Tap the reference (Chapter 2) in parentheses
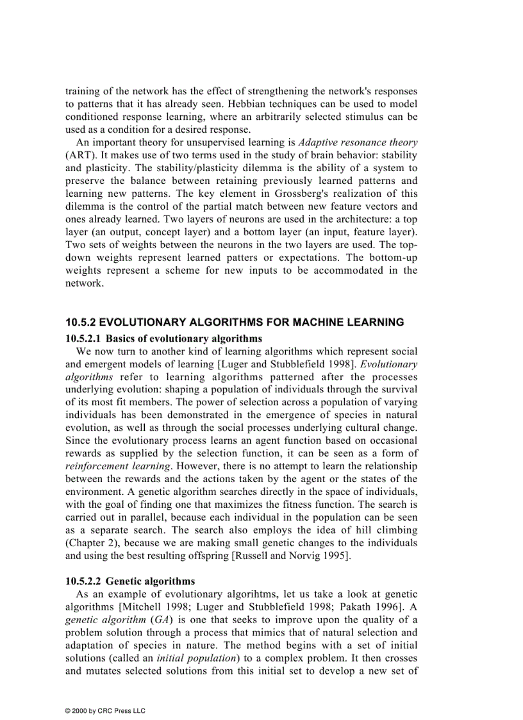[x=90, y=543]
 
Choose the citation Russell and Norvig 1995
[x=297, y=556]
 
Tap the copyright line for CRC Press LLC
[x=106, y=710]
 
